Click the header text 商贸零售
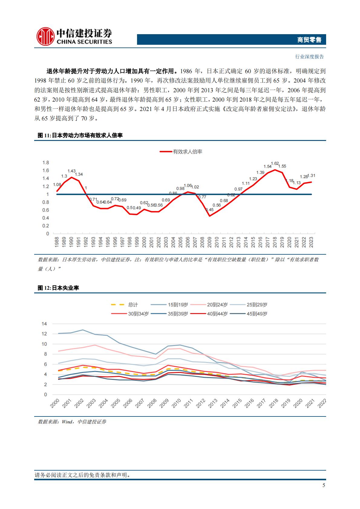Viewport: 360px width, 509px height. (x=309, y=40)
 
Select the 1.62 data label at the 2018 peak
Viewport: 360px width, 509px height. (x=275, y=164)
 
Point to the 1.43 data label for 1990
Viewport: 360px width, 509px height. (x=71, y=171)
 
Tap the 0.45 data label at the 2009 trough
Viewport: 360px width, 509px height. (x=209, y=210)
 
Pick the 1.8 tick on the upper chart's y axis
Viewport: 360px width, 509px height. (x=46, y=163)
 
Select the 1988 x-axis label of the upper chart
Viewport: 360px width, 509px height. (x=57, y=243)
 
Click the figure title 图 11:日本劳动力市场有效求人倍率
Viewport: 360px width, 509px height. (x=80, y=135)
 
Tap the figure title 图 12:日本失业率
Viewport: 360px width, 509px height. (x=58, y=288)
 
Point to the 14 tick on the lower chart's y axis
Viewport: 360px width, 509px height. (x=44, y=324)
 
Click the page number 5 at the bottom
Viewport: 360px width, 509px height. (x=324, y=485)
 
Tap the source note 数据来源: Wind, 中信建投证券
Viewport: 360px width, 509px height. (x=72, y=422)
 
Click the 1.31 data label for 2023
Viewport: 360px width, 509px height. (x=312, y=176)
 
